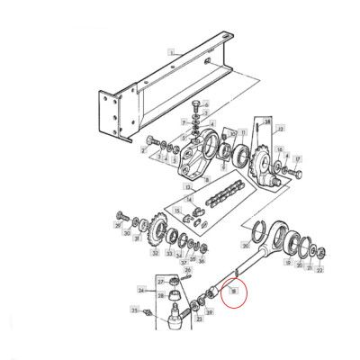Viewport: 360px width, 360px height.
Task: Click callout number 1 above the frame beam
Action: click(x=168, y=52)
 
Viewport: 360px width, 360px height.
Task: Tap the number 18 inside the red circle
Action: click(x=232, y=290)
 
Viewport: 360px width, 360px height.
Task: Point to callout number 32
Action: click(x=156, y=255)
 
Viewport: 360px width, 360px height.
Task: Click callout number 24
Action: click(x=141, y=290)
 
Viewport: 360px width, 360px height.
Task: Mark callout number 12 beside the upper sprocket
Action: click(x=281, y=129)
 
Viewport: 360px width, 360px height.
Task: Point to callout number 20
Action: click(x=246, y=243)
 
